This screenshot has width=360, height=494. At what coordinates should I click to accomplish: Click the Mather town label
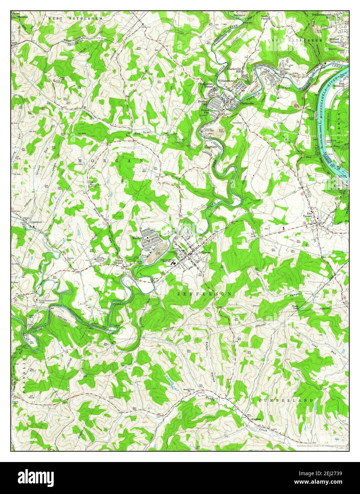pyautogui.click(x=137, y=237)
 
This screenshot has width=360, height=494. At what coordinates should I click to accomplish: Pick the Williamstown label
pyautogui.click(x=227, y=81)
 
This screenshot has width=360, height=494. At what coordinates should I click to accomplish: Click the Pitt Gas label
pyautogui.click(x=285, y=87)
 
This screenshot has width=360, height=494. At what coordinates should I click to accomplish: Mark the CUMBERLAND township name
pyautogui.click(x=287, y=401)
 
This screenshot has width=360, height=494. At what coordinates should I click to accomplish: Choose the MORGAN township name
pyautogui.click(x=111, y=161)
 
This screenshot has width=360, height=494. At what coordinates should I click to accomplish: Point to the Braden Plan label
pyautogui.click(x=202, y=103)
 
